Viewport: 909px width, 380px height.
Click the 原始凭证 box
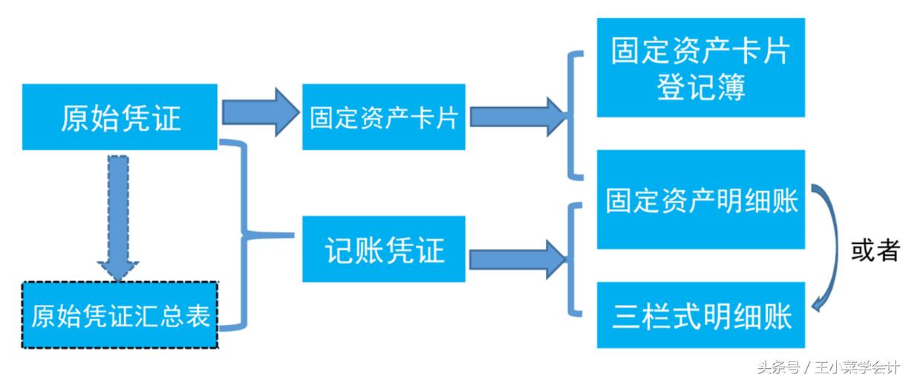pos(120,117)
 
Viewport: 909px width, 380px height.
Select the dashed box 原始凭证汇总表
pos(120,315)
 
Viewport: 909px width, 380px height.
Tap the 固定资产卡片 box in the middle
pos(383,117)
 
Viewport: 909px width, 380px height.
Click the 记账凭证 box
pos(383,249)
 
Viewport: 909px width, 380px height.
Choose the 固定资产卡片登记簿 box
pos(700,68)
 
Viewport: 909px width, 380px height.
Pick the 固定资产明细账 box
pos(700,199)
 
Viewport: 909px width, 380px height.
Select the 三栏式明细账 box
pos(700,315)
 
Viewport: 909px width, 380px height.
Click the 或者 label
pos(874,251)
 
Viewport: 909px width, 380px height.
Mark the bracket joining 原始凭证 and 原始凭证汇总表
pos(241,235)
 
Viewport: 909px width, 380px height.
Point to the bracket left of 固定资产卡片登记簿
pos(572,115)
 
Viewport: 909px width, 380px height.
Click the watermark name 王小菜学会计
pos(858,367)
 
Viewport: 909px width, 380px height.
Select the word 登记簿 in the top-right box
pos(700,88)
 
